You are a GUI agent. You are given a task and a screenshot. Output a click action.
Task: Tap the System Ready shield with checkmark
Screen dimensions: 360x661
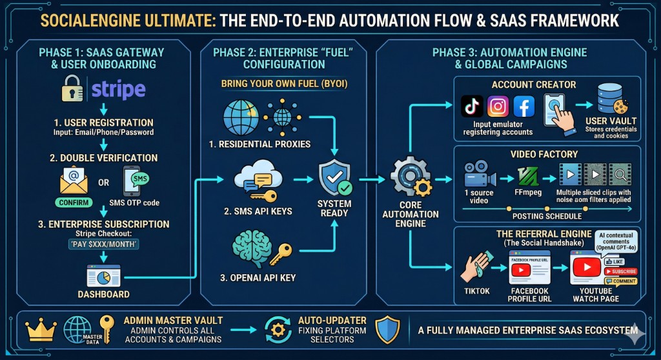click(334, 178)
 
